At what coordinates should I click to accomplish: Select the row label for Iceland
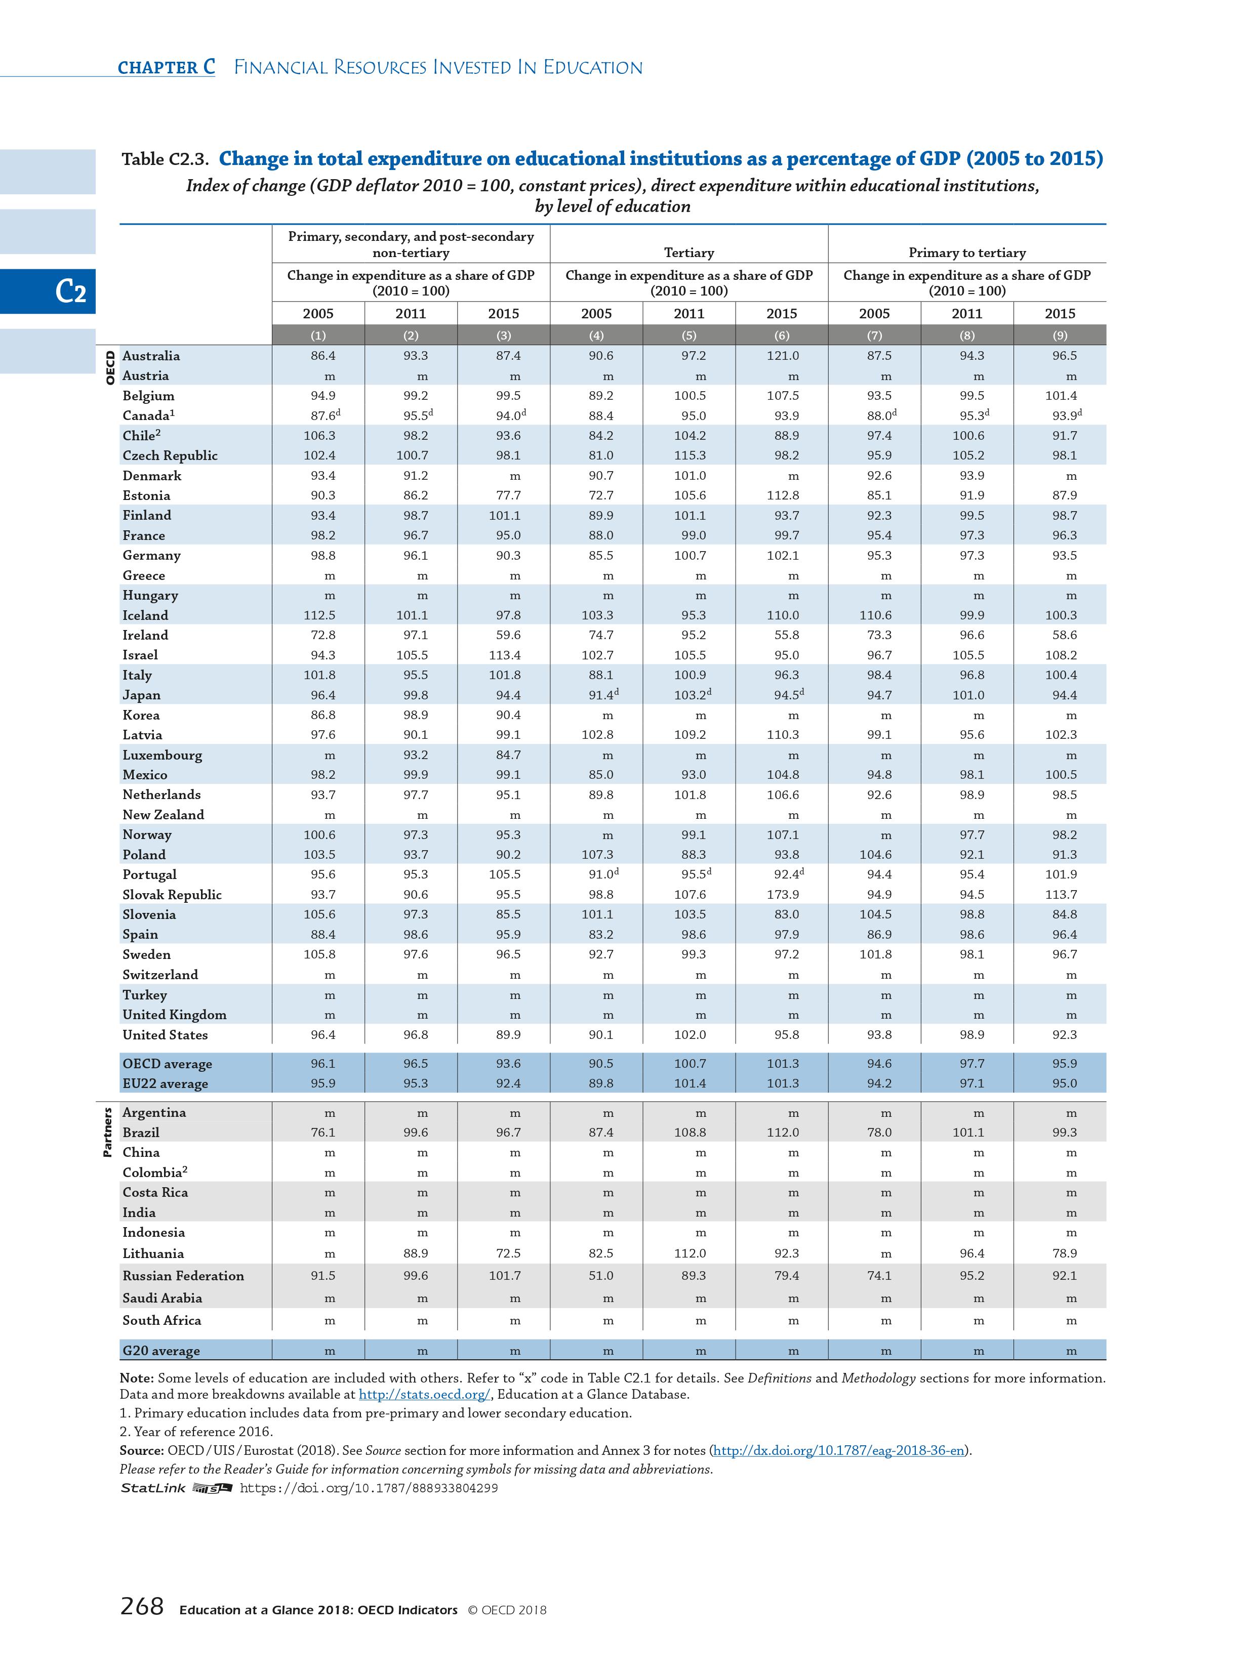click(145, 615)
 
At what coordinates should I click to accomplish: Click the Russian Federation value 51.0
click(601, 1275)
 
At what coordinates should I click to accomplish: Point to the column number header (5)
click(689, 335)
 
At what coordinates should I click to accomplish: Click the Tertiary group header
click(689, 253)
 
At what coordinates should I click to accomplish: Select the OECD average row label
click(168, 1063)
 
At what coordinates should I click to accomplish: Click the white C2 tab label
click(70, 291)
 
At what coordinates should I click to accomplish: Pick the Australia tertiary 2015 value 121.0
click(782, 356)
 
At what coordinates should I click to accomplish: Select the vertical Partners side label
click(107, 1132)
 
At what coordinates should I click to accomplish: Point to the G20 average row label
click(161, 1350)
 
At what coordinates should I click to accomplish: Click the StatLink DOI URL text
click(369, 1488)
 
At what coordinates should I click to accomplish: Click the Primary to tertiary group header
click(967, 253)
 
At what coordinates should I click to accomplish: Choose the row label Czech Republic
click(170, 455)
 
